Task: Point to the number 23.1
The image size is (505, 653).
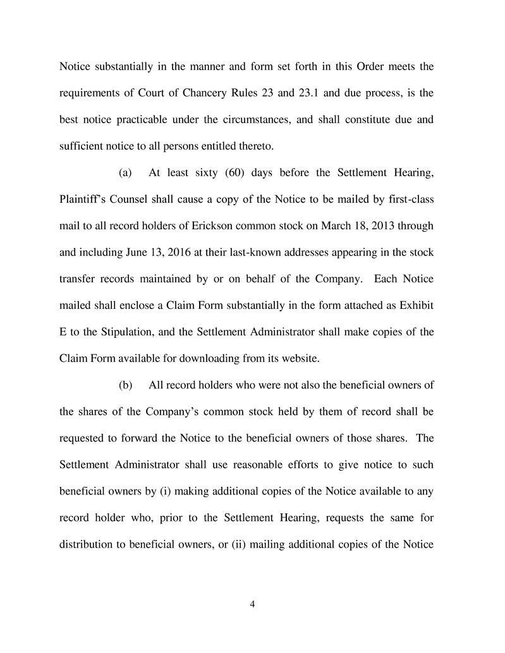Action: point(289,94)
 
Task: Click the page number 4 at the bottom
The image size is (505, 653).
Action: point(252,604)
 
